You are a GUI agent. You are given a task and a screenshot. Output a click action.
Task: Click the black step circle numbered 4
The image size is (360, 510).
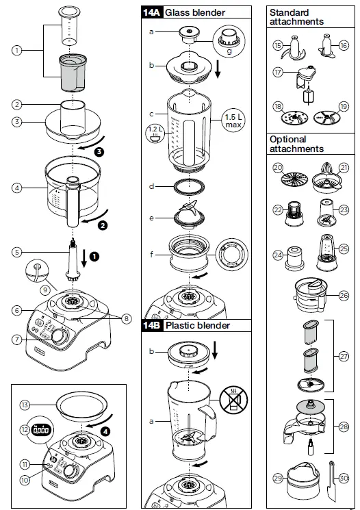click(105, 431)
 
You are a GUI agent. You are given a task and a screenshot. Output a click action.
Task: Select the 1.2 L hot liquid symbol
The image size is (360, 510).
click(155, 135)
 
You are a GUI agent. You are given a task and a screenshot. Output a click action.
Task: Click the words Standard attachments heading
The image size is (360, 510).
click(296, 17)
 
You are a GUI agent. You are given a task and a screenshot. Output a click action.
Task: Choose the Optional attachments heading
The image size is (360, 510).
click(296, 144)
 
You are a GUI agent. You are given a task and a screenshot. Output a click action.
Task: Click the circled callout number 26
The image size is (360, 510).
click(344, 295)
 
